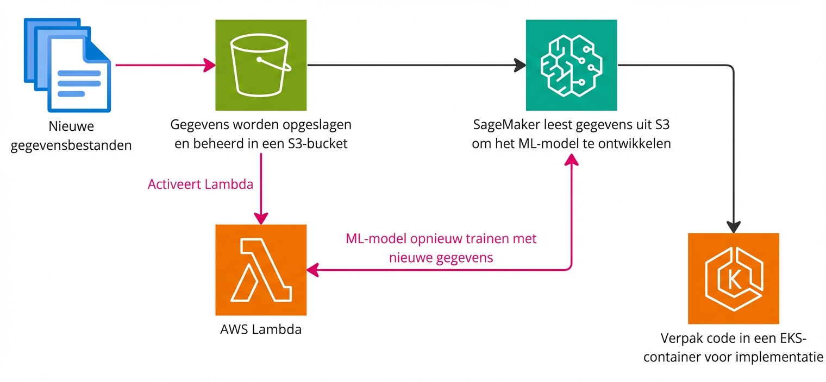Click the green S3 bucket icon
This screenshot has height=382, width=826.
(261, 65)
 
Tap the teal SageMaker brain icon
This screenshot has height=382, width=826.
(571, 65)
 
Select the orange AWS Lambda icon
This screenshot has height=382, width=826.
(261, 270)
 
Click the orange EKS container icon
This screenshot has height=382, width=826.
(733, 278)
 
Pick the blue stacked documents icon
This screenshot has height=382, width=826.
(65, 65)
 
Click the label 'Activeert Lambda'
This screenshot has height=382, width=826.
(200, 184)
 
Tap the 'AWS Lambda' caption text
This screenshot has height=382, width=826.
(261, 329)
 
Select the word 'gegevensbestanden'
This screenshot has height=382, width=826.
(71, 145)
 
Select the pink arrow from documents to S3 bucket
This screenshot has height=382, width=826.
(163, 66)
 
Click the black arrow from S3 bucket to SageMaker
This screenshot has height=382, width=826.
(413, 66)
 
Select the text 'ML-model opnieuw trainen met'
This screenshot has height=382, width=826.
(441, 238)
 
